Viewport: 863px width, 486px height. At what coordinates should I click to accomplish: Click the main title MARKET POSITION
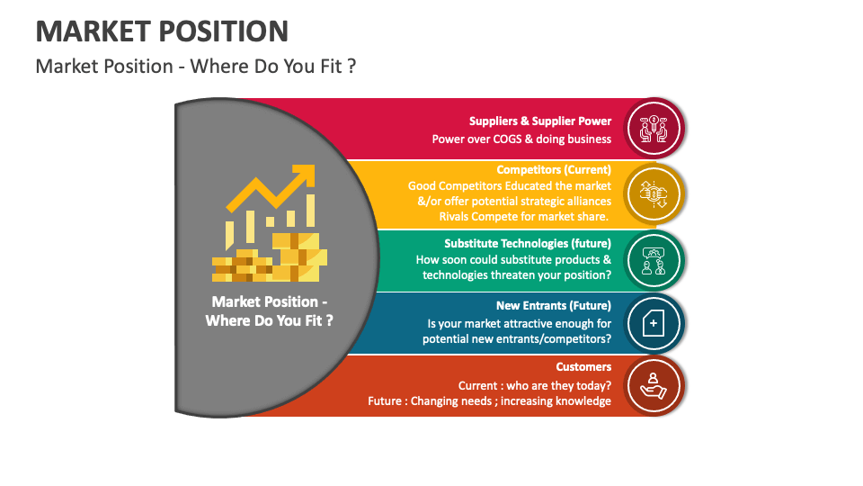pyautogui.click(x=162, y=31)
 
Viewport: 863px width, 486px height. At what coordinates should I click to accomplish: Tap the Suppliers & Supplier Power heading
pyautogui.click(x=539, y=121)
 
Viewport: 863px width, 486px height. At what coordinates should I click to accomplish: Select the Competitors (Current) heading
pyautogui.click(x=554, y=169)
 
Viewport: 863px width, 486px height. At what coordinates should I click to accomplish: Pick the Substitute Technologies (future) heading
pyautogui.click(x=528, y=243)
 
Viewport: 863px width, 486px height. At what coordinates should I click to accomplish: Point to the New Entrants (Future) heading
pyautogui.click(x=554, y=305)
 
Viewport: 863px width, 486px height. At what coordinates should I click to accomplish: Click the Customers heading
pyautogui.click(x=583, y=366)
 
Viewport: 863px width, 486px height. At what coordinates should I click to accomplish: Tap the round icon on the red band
pyautogui.click(x=654, y=129)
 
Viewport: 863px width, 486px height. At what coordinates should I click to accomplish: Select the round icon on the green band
pyautogui.click(x=654, y=259)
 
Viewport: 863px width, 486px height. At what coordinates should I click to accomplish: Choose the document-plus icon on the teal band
pyautogui.click(x=654, y=322)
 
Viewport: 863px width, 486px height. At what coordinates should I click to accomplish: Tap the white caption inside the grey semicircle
pyautogui.click(x=269, y=310)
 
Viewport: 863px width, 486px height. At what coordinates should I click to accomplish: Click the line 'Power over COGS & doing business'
pyautogui.click(x=521, y=139)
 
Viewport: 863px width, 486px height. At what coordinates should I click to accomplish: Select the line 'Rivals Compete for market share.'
pyautogui.click(x=525, y=216)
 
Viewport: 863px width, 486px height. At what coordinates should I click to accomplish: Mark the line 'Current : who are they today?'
pyautogui.click(x=535, y=385)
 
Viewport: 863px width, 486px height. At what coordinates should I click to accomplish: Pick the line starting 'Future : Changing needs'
pyautogui.click(x=489, y=401)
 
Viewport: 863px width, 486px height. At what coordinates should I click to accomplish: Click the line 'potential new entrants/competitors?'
pyautogui.click(x=517, y=339)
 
